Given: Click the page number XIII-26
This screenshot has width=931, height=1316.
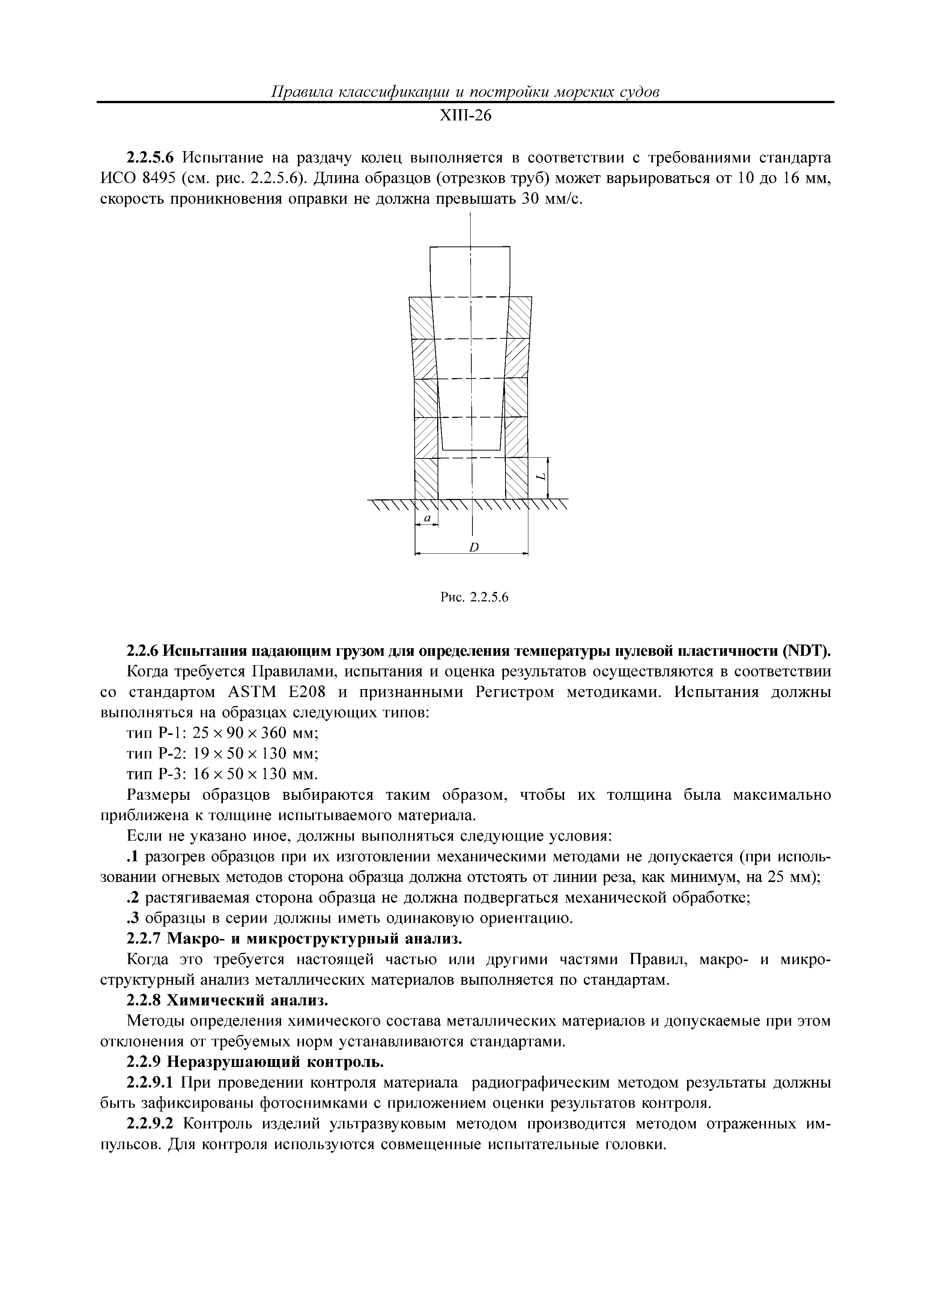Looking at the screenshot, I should point(465,116).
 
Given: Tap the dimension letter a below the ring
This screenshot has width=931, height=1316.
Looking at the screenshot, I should point(426,518).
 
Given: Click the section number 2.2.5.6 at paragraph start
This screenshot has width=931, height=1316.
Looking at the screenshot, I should point(149,158).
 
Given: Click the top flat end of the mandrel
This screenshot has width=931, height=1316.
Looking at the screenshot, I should point(470,247).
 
